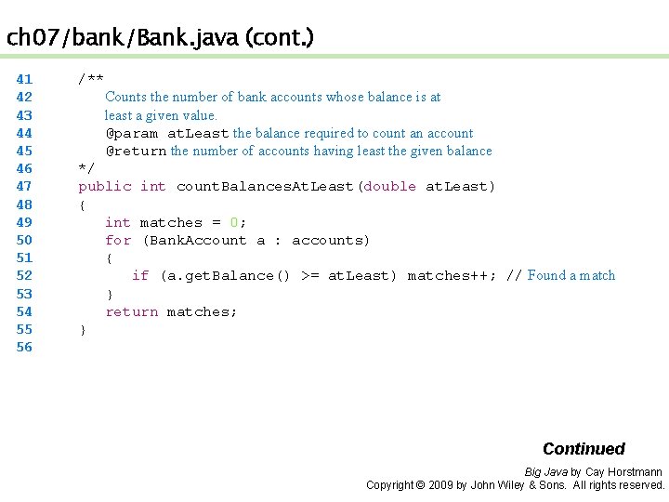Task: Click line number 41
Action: [x=24, y=80]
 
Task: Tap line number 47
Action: [x=24, y=187]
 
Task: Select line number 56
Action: [x=24, y=348]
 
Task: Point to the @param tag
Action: [x=132, y=134]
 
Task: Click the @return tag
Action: [x=136, y=152]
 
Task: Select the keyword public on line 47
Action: [x=105, y=187]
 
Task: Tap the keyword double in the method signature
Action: [x=390, y=187]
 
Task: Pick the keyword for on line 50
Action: [x=118, y=240]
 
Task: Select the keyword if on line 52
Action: [x=140, y=275]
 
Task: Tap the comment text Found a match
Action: [x=571, y=275]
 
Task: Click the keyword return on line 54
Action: [x=131, y=311]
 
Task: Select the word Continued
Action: [x=584, y=449]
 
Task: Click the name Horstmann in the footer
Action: [x=636, y=472]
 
